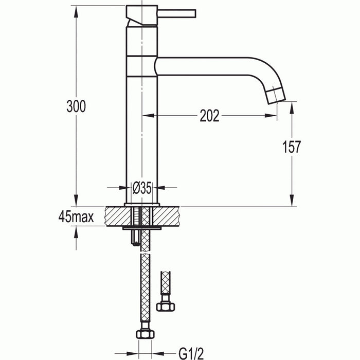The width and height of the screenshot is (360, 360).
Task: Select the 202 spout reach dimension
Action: pyautogui.click(x=209, y=116)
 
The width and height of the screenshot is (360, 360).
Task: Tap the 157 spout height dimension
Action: pyautogui.click(x=291, y=147)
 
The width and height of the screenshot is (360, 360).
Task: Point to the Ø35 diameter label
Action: pyautogui.click(x=142, y=188)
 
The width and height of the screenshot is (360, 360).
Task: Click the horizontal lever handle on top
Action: pyautogui.click(x=177, y=12)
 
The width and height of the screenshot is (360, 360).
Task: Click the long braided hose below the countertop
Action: pyautogui.click(x=145, y=288)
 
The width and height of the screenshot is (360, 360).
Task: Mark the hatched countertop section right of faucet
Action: pyautogui.click(x=170, y=216)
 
